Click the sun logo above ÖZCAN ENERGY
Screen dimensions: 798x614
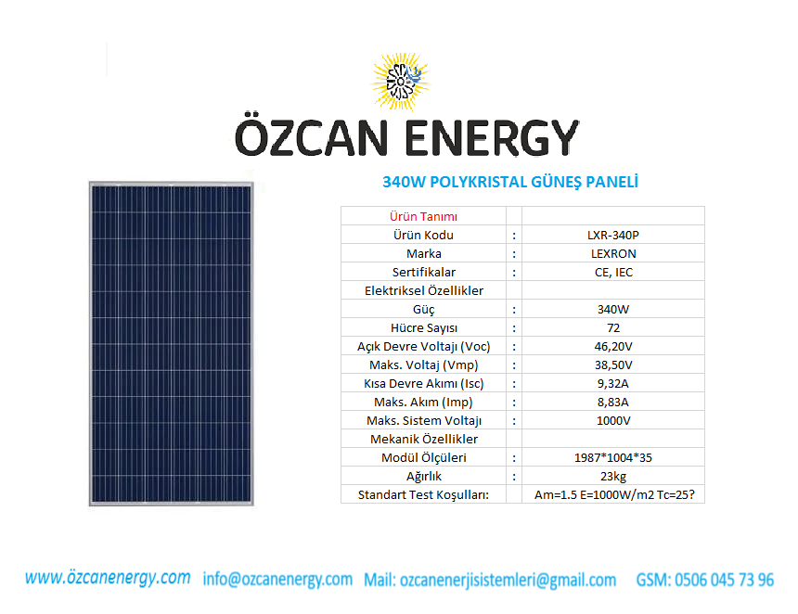tap(401, 82)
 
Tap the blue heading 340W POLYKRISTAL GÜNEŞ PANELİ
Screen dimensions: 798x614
tap(510, 182)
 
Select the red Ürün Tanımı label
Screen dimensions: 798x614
tap(423, 217)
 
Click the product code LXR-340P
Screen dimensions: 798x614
tap(613, 235)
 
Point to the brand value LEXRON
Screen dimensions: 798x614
tap(613, 253)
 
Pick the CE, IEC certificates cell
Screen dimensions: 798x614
tap(613, 272)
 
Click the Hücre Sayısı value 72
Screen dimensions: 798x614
tap(613, 327)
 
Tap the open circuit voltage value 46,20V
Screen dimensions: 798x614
tap(613, 347)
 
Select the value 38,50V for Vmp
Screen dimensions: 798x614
tap(613, 365)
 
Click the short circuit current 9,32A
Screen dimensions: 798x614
tap(613, 384)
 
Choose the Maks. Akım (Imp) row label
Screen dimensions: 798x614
tap(423, 402)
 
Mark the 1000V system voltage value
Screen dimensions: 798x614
tap(613, 421)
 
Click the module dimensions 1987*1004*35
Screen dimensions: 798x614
tap(613, 458)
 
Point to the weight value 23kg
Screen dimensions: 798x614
tap(613, 476)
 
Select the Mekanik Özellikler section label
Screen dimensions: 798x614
tap(424, 439)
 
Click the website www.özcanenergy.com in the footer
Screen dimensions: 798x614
tap(108, 578)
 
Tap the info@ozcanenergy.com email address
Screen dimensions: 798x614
tap(277, 580)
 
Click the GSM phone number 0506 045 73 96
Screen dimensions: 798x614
tap(724, 580)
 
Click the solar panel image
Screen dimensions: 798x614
tap(172, 344)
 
